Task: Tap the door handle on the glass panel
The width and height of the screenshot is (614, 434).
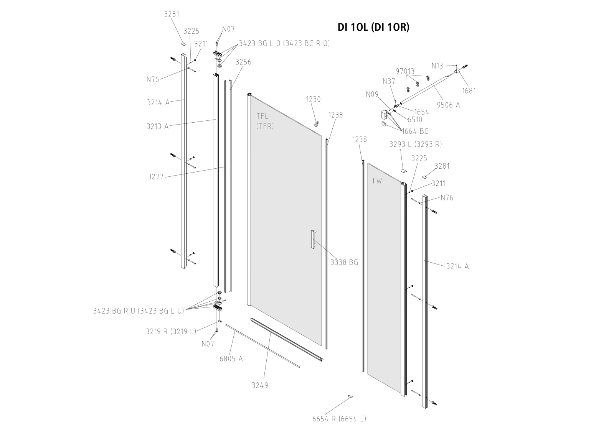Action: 313,240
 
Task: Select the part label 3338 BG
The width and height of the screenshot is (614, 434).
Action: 344,262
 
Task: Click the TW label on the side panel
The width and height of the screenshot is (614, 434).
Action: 377,181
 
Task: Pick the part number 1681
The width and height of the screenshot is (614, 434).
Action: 469,91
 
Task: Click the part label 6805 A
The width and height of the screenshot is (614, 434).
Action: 231,359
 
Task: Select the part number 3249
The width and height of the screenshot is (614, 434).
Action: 260,385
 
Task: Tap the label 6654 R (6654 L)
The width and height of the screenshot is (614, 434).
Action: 339,419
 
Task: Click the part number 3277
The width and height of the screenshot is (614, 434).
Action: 155,177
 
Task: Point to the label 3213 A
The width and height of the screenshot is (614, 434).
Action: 157,126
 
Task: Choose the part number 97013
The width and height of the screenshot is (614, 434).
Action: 405,71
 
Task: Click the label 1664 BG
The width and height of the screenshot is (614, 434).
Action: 415,131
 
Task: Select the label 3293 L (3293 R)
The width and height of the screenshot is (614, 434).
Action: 416,144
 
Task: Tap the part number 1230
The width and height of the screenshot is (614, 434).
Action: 313,99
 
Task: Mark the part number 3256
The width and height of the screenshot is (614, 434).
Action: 243,62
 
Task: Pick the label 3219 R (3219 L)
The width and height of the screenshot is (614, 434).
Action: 171,331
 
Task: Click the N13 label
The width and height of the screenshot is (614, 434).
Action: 437,66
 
